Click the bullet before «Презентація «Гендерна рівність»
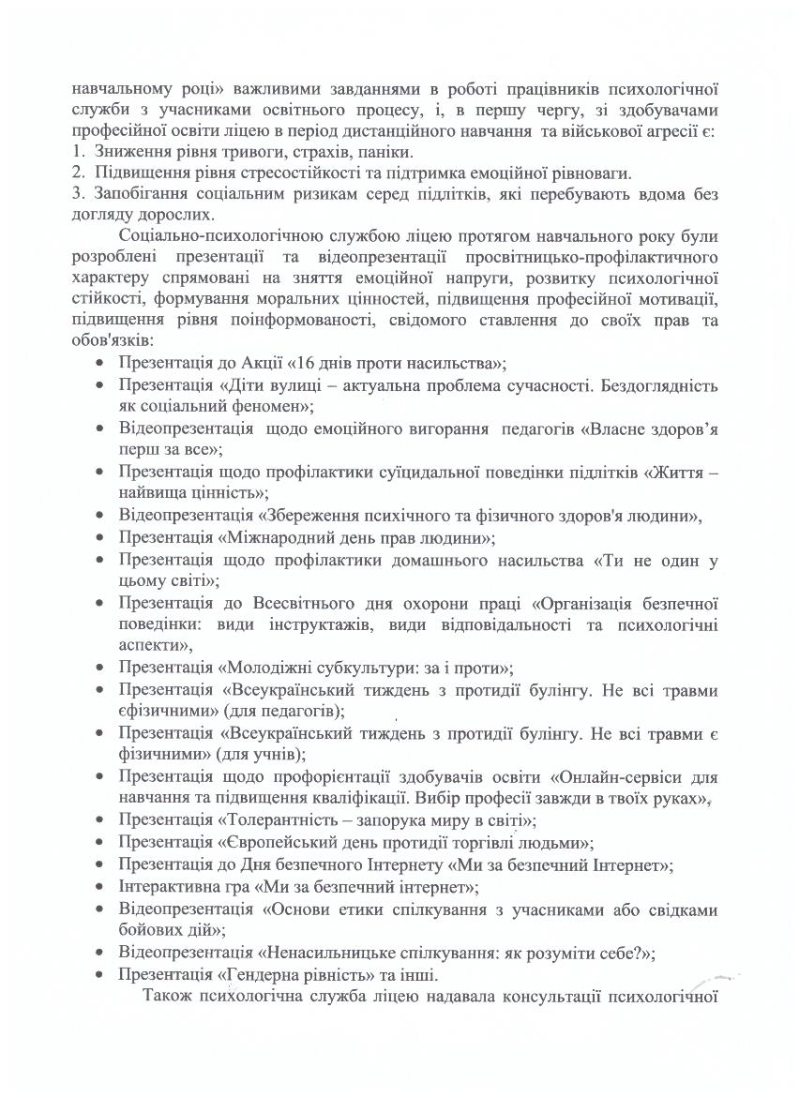pos(100,975)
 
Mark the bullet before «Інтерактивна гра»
pos(100,887)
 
